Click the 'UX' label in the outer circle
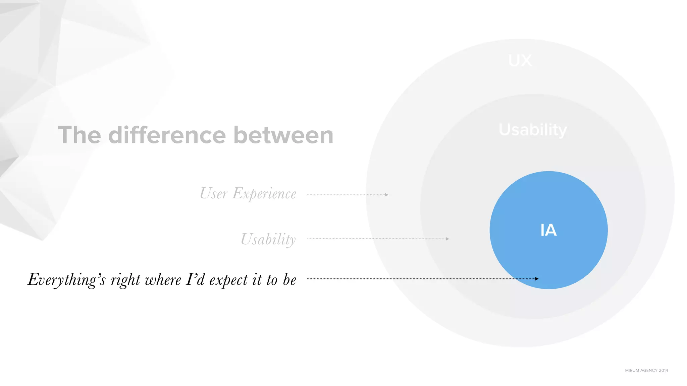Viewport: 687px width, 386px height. [x=520, y=61]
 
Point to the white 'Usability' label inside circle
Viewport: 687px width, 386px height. [x=533, y=130]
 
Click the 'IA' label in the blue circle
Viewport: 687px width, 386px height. [x=548, y=230]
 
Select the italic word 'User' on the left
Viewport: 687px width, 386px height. [x=214, y=193]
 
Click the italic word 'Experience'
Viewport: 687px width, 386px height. [x=264, y=194]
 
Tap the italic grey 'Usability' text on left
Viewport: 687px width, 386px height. [x=268, y=239]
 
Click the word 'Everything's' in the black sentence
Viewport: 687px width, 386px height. [x=66, y=280]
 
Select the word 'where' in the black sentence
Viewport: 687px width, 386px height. [x=163, y=280]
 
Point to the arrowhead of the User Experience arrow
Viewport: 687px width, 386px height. [x=387, y=195]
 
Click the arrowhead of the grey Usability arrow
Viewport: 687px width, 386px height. [x=447, y=239]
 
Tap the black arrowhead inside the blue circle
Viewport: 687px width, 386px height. [x=537, y=279]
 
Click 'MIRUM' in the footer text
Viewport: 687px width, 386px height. [x=632, y=370]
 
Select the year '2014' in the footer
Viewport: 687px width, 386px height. [x=663, y=370]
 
